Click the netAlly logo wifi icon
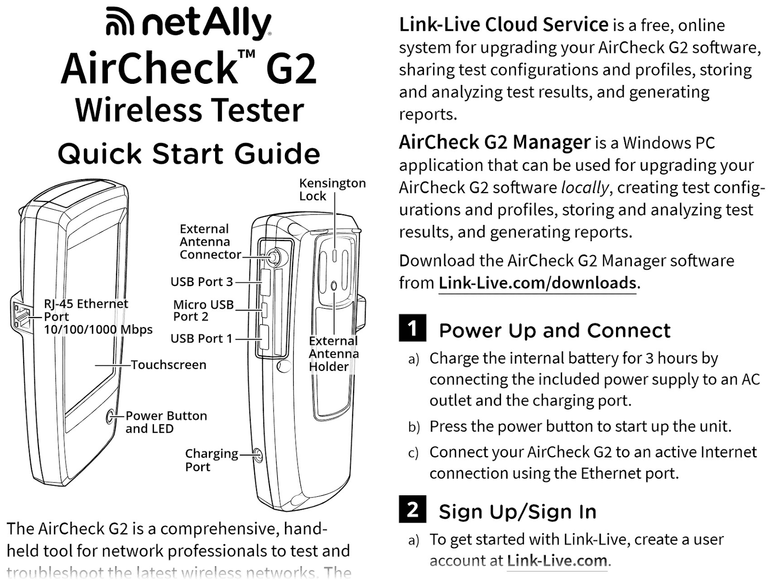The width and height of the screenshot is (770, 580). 119,22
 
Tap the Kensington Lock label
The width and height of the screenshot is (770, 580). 332,189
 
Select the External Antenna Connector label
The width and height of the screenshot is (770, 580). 210,242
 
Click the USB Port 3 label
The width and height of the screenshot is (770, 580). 202,282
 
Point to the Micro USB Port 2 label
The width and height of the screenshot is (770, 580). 203,311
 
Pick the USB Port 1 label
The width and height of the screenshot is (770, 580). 201,339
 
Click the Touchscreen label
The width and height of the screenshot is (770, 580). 168,365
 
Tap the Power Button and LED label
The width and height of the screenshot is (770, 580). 166,422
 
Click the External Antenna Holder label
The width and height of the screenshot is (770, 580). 334,354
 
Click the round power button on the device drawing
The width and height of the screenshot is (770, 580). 110,416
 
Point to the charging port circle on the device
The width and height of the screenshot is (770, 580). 258,455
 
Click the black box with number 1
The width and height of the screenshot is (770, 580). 412,328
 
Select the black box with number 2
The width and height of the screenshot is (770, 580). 412,509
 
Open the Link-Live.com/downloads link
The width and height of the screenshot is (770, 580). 538,283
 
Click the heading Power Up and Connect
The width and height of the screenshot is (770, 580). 554,331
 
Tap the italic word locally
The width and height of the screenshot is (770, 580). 585,187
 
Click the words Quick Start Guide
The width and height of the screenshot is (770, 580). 189,154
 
